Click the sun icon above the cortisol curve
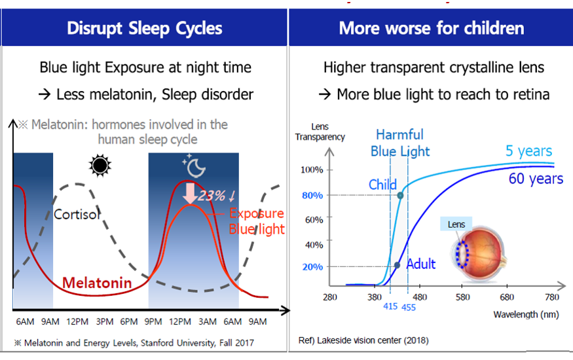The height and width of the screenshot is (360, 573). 100,166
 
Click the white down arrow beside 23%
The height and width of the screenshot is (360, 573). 191,194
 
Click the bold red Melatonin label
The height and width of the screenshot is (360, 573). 97,283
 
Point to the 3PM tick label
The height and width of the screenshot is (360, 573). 104,321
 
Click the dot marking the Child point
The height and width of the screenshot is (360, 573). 400,195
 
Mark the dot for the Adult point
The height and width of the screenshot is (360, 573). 397,265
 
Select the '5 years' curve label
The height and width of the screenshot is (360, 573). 528,151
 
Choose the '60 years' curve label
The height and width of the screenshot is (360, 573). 536,178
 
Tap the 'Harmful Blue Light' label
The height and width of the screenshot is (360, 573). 399,143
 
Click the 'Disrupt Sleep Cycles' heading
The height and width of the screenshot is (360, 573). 144,28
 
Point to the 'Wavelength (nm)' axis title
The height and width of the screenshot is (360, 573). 526,314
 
